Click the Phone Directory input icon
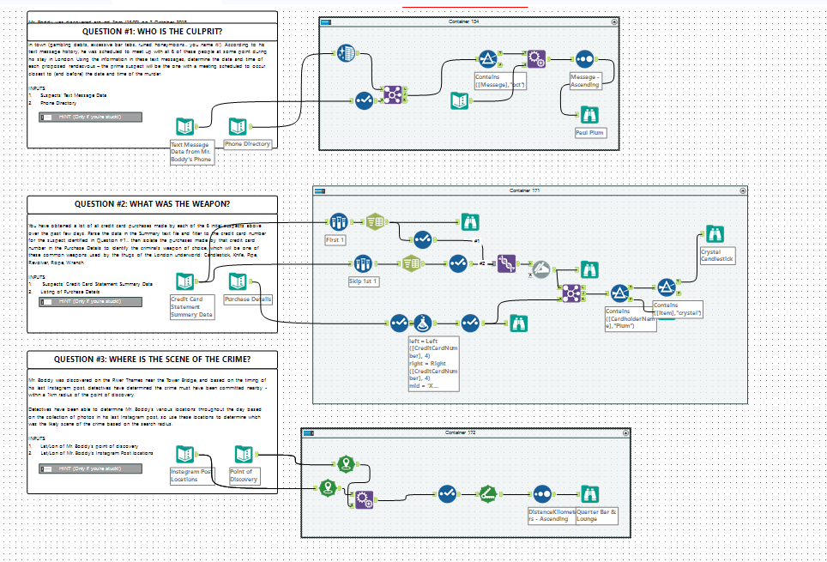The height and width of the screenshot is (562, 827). coord(238,127)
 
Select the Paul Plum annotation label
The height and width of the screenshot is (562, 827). coord(589,133)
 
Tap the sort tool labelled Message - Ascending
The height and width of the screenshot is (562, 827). coord(584,59)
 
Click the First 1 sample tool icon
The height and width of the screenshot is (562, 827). coord(338,222)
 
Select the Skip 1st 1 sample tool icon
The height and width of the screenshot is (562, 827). coord(362,263)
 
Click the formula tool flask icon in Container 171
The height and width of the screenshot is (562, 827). coord(422,323)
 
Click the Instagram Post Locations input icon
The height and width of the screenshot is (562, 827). coord(185,455)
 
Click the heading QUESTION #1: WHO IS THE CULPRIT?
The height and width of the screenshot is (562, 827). coord(152,32)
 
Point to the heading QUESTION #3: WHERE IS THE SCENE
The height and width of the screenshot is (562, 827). coord(152,360)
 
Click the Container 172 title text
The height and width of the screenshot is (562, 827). coord(460,432)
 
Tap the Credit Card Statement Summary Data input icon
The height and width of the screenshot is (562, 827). coord(185,281)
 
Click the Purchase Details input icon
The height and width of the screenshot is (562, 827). coord(238,281)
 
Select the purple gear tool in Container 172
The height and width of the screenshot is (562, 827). coord(364,499)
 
